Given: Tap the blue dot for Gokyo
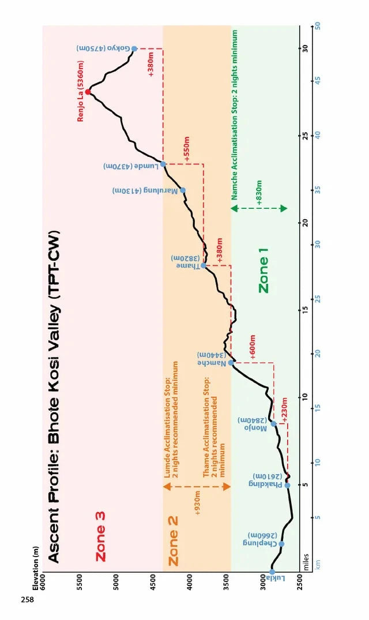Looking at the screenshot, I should [134, 49].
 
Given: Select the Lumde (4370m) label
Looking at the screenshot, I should [131, 166].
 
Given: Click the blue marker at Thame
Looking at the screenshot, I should [204, 265].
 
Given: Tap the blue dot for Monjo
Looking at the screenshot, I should [273, 424].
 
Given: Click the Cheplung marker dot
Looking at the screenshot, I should [281, 544].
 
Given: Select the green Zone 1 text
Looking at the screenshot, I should [264, 273].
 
